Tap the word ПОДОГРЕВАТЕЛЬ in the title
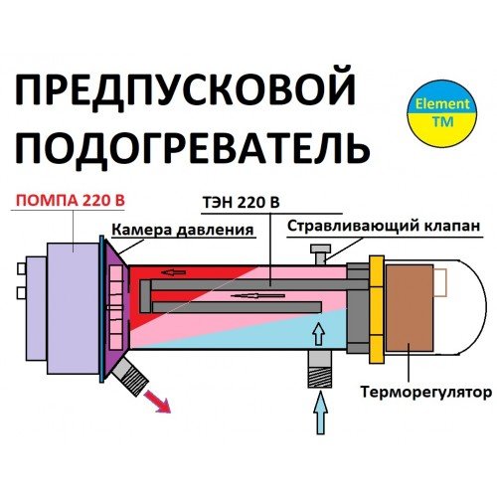[x=193, y=147]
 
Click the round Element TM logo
[x=442, y=113]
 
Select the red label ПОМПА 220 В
[x=71, y=201]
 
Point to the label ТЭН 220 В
[x=242, y=203]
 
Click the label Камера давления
[x=183, y=230]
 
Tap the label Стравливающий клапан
[x=384, y=226]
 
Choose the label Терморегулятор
[x=425, y=393]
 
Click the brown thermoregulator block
[x=410, y=308]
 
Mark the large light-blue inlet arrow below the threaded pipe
[x=320, y=413]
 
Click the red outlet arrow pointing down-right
[x=157, y=402]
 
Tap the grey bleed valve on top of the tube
[x=320, y=254]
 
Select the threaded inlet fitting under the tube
[x=319, y=369]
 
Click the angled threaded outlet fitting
[x=130, y=377]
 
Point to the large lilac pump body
[x=74, y=308]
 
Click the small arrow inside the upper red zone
[x=174, y=272]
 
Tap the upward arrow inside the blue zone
[x=319, y=333]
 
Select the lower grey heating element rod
[x=238, y=307]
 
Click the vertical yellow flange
[x=377, y=308]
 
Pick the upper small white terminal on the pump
[x=21, y=268]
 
